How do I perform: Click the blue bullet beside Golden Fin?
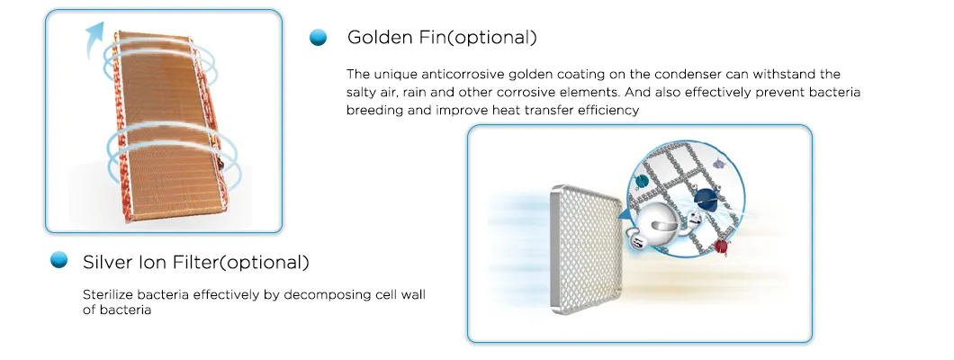[317, 37]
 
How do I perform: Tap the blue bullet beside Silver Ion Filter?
[59, 261]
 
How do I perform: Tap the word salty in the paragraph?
[364, 92]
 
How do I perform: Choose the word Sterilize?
[107, 294]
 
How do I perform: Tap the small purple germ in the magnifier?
[718, 164]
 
